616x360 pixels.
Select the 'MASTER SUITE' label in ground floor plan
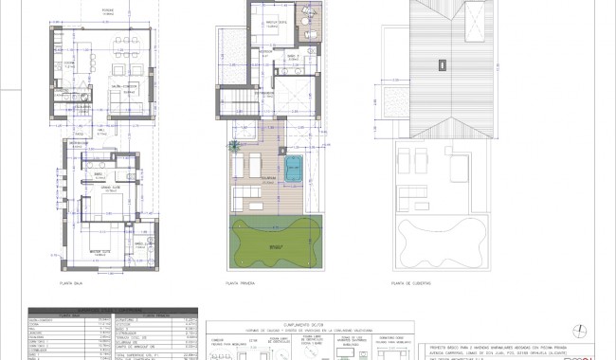tap(102, 251)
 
